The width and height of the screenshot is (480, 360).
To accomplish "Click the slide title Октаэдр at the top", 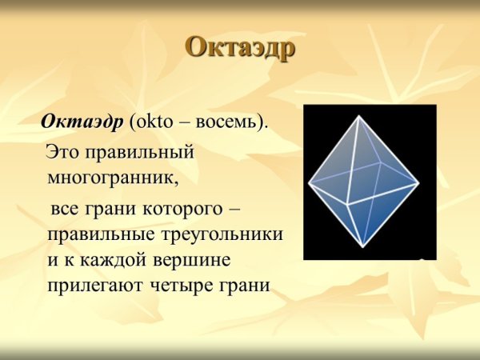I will (x=239, y=46).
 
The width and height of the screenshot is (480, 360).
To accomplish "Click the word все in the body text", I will (x=66, y=209).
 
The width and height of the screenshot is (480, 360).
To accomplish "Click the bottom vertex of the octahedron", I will (x=364, y=247).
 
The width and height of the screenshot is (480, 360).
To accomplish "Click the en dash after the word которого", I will (x=234, y=209).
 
